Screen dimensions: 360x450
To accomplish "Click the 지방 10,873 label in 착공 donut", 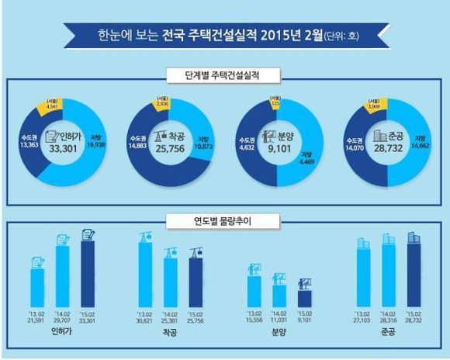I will [203, 140].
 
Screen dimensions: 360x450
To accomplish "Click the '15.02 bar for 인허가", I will [88, 272].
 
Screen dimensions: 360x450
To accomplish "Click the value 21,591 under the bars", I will [37, 320].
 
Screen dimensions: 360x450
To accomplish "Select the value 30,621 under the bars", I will [145, 320].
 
